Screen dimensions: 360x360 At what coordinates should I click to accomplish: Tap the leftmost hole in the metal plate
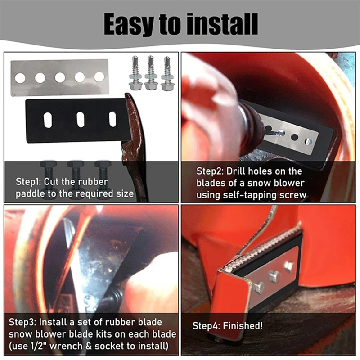(20, 78)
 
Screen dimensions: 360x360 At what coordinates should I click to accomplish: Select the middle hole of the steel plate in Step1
(60, 78)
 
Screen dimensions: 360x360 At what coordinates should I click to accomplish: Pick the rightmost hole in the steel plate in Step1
(99, 77)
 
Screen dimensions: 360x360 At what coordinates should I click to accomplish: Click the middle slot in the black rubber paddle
(81, 119)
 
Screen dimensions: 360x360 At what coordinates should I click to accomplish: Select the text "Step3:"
(23, 322)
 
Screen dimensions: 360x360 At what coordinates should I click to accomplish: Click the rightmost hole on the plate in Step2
(308, 141)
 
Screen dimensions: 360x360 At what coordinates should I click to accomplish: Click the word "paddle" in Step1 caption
(29, 194)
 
